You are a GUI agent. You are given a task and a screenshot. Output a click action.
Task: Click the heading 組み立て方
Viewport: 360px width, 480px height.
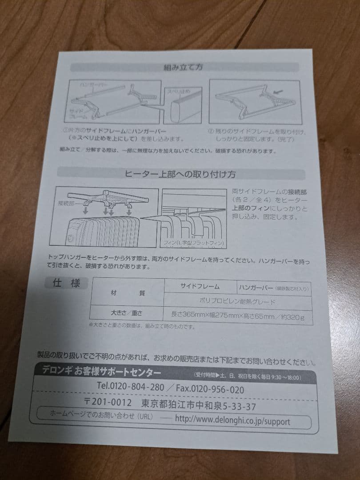coord(184,68)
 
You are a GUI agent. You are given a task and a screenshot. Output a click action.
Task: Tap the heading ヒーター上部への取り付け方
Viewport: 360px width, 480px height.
coord(181,174)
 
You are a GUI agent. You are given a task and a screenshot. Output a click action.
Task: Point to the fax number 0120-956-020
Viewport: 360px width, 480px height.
coord(210,389)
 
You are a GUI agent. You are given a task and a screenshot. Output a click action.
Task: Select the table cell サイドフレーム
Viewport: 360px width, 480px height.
coord(200,287)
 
